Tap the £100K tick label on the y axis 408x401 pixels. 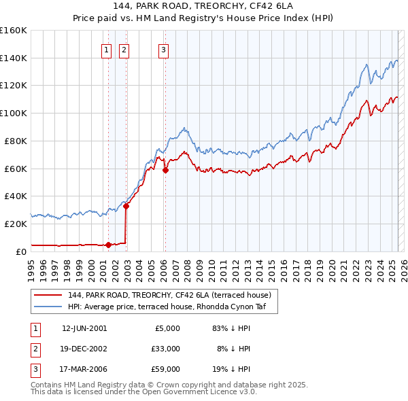[13, 113]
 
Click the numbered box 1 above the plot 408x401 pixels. [107, 49]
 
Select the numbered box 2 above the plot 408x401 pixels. [124, 49]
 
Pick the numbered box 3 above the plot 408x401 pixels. [164, 49]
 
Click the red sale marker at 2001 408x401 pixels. [108, 245]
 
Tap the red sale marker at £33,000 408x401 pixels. [126, 206]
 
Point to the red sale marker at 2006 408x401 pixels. [165, 170]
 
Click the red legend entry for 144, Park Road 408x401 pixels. [170, 295]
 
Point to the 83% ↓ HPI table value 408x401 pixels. [231, 328]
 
